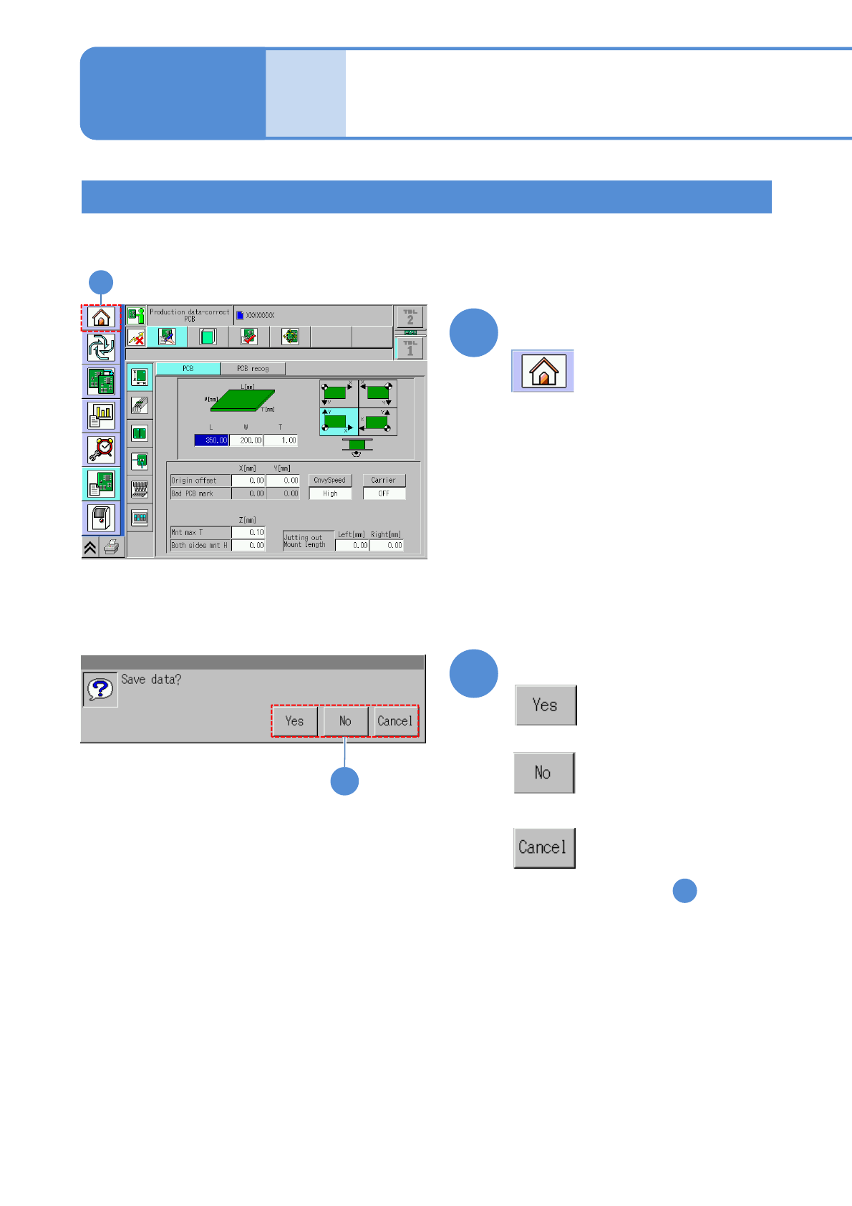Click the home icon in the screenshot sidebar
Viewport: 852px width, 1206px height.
tap(101, 317)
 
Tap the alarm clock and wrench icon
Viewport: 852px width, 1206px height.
tap(102, 449)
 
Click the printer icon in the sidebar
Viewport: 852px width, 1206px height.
tap(112, 548)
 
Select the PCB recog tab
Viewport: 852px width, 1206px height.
tap(253, 369)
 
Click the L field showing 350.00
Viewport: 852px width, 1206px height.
tap(211, 440)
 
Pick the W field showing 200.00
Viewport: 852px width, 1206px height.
tap(246, 440)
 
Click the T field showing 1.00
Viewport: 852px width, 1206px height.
tap(281, 440)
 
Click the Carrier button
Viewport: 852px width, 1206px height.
tap(384, 481)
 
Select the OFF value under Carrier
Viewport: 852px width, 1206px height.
tap(384, 493)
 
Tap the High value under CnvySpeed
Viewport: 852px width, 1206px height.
tap(330, 493)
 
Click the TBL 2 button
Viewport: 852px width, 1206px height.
tap(410, 317)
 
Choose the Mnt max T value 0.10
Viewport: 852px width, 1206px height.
tap(248, 532)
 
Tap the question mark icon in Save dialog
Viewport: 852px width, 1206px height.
tap(100, 689)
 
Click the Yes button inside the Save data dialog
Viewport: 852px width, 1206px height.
tap(294, 721)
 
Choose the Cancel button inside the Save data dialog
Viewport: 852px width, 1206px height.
tap(394, 721)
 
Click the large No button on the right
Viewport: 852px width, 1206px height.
tap(544, 773)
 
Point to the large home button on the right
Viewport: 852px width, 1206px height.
tap(543, 371)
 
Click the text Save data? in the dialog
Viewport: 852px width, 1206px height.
tap(151, 680)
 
